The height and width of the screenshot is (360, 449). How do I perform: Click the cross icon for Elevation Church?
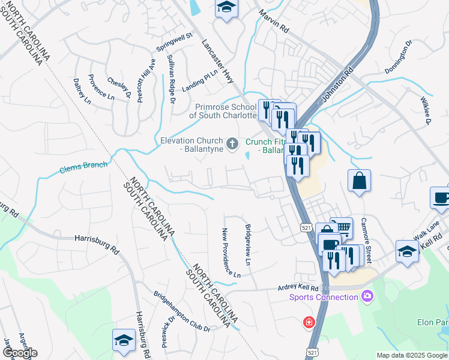(x=233, y=143)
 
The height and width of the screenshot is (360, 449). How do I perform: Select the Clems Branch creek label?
(x=83, y=167)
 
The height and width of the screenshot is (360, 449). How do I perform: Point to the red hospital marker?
(x=309, y=322)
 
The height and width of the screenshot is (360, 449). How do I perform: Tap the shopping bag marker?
(x=359, y=181)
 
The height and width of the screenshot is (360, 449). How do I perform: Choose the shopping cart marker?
(x=341, y=227)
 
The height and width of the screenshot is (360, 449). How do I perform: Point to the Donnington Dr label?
(x=399, y=55)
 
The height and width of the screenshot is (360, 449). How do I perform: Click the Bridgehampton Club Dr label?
(x=182, y=312)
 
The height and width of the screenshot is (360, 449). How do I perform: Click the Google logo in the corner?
(x=20, y=353)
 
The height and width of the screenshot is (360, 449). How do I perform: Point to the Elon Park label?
(x=433, y=322)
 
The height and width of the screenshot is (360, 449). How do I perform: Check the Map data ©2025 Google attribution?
(x=412, y=355)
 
